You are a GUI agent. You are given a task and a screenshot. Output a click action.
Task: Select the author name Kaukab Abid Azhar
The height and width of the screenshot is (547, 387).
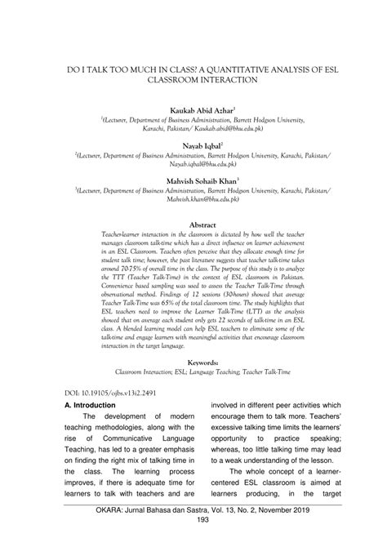[x=192, y=109]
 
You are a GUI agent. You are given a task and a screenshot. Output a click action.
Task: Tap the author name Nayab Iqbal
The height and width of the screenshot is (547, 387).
[x=192, y=143]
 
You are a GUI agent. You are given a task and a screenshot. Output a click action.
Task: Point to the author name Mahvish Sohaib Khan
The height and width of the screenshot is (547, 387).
[x=192, y=178]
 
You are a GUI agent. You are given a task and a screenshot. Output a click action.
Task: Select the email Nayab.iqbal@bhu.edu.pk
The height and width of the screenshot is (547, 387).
[x=193, y=163]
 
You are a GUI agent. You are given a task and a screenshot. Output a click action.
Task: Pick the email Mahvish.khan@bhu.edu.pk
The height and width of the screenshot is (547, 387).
[x=193, y=198]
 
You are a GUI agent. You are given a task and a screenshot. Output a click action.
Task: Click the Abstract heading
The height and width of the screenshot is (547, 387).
[x=193, y=223]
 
